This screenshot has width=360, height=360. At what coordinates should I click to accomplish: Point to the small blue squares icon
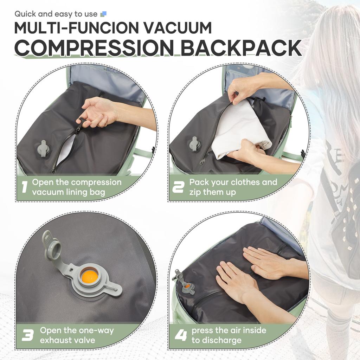[x=103, y=14]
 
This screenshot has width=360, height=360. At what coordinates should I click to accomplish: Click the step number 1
[x=24, y=187]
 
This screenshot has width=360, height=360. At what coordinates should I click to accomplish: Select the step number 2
[x=178, y=187]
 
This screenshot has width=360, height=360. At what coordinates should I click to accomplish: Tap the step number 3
[x=27, y=335]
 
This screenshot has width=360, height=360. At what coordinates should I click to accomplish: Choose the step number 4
[x=180, y=335]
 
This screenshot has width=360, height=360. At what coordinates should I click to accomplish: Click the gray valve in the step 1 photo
[x=43, y=148]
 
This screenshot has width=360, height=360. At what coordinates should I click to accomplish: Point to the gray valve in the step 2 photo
[x=194, y=143]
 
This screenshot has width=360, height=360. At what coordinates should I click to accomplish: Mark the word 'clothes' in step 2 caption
[x=242, y=182]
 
